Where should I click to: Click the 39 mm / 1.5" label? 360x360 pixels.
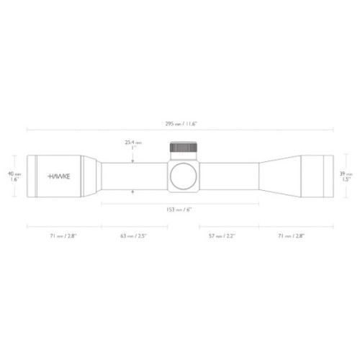tap(346, 176)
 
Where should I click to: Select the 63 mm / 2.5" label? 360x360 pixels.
tap(134, 235)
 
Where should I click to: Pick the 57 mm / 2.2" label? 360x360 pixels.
tap(222, 235)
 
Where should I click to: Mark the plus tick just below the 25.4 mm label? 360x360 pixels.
tap(133, 160)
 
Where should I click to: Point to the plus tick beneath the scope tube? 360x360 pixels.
tap(133, 192)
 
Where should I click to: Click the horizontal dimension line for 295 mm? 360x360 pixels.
tap(180, 130)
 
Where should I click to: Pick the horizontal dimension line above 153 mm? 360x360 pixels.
tap(180, 204)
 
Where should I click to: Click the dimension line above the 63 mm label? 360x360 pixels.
tap(134, 227)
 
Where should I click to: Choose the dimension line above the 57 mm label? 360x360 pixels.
tap(222, 227)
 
